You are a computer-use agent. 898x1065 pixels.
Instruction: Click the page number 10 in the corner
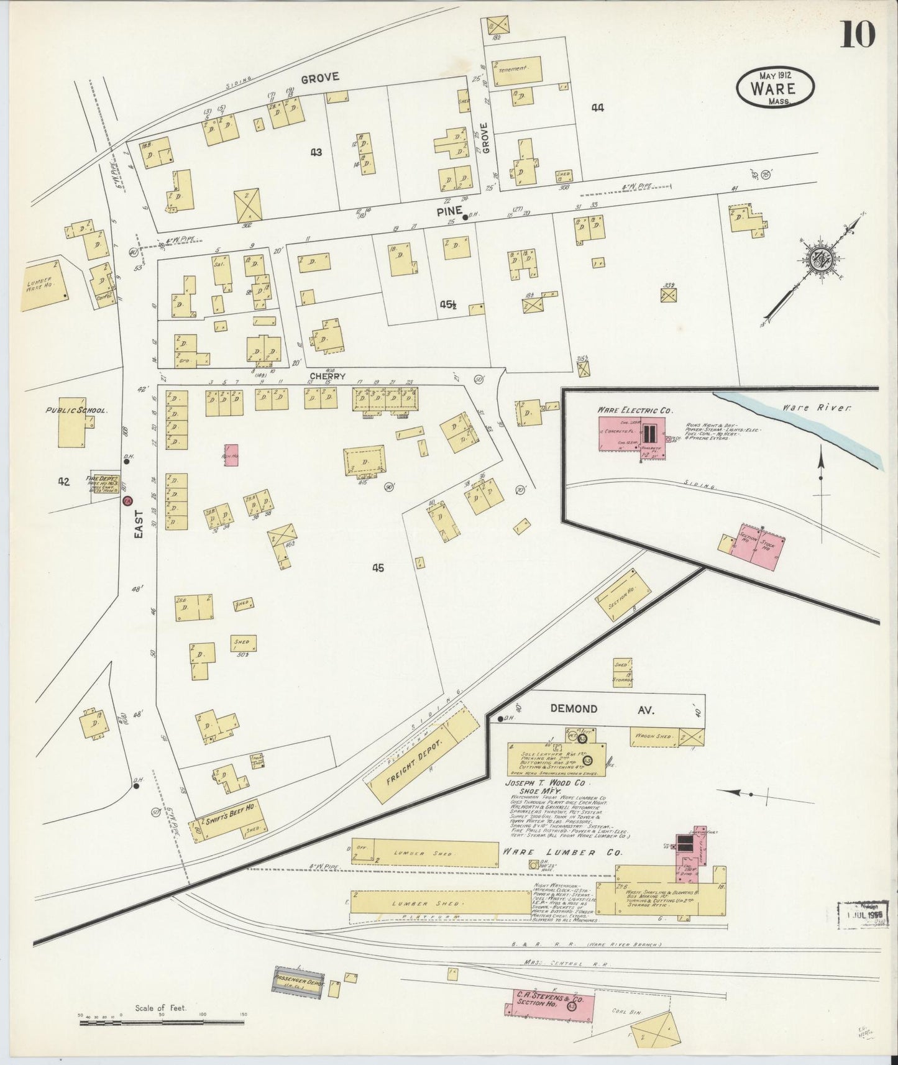(858, 34)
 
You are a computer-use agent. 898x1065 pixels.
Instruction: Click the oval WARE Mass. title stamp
(775, 87)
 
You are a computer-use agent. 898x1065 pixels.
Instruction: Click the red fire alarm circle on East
(127, 500)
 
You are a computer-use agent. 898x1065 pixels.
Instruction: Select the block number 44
(597, 107)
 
